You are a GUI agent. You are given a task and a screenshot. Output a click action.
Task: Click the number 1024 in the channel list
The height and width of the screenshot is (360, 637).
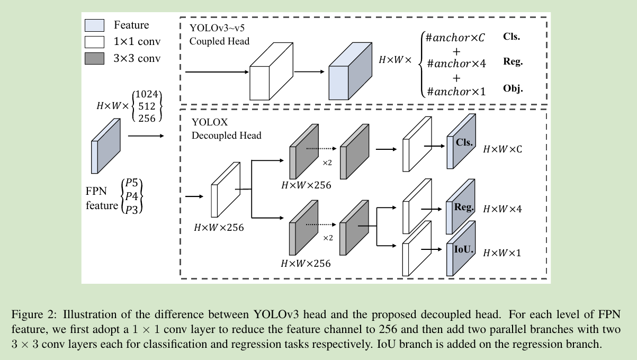pyautogui.click(x=146, y=94)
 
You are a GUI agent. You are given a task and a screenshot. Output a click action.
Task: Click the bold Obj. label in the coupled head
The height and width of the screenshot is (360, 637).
pyautogui.click(x=513, y=88)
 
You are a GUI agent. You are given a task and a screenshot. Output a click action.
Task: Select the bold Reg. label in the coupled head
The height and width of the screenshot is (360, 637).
pyautogui.click(x=513, y=62)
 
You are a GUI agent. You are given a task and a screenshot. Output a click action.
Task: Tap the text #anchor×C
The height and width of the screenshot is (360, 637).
pyautogui.click(x=455, y=38)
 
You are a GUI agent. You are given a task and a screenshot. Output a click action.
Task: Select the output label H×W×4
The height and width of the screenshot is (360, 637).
pyautogui.click(x=502, y=209)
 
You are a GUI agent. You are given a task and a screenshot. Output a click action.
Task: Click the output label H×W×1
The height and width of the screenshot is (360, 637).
pyautogui.click(x=502, y=253)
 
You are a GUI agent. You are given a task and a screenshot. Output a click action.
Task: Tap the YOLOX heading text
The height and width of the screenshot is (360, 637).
pyautogui.click(x=210, y=122)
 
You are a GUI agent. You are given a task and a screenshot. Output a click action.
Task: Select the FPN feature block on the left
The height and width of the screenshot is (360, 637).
pyautogui.click(x=106, y=146)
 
